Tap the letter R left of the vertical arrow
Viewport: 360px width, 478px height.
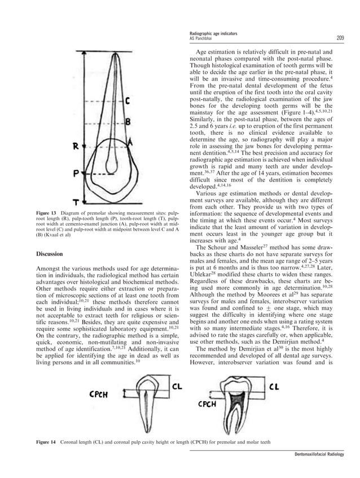pos(74,148)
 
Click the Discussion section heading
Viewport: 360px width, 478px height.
pos(51,254)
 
